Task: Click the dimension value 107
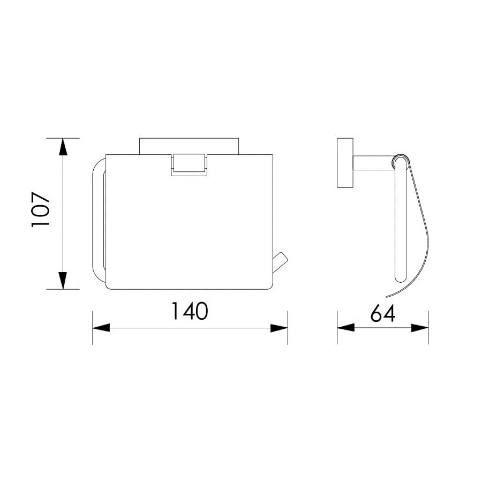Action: (40, 210)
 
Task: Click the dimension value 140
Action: (190, 311)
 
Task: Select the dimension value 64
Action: (383, 313)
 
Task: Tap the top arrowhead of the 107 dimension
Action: (63, 147)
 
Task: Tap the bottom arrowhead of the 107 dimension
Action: (63, 281)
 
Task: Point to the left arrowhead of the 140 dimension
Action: (101, 328)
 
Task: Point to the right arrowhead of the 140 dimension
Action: (279, 328)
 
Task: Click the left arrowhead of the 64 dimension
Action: (346, 328)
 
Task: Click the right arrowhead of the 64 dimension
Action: (419, 328)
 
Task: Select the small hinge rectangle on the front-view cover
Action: (189, 165)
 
